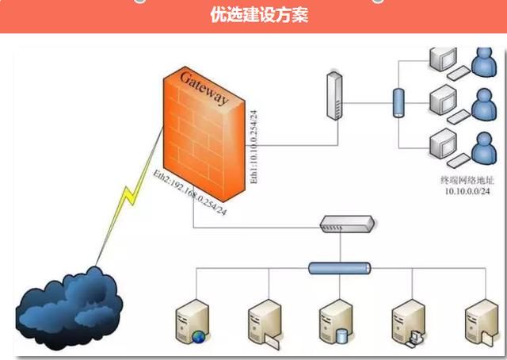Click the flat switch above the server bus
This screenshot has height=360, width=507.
coord(345,224)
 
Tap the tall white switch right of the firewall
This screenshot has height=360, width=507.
coord(334,96)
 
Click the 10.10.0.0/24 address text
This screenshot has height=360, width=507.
coord(467,192)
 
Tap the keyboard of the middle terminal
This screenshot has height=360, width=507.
coord(457,117)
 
